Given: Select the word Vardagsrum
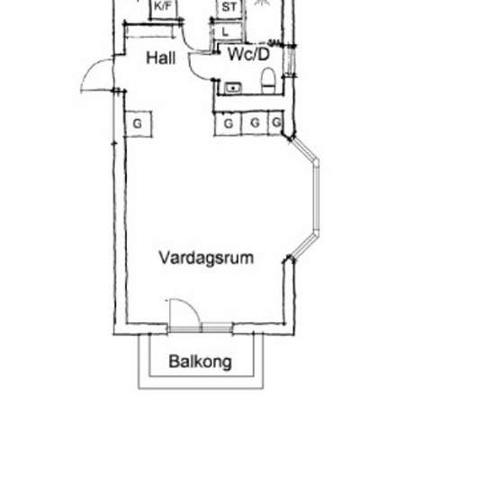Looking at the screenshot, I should (x=206, y=258).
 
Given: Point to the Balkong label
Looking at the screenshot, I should (x=200, y=363).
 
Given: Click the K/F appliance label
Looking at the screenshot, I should (x=163, y=7).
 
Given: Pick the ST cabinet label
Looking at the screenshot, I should (x=229, y=7).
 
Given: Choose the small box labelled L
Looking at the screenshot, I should (x=224, y=31).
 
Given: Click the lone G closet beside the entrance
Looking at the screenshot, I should (x=139, y=122).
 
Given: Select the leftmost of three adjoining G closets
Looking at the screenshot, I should (x=229, y=122).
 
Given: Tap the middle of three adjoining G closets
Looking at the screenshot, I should (x=255, y=122).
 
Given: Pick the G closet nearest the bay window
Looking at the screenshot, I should (x=275, y=122).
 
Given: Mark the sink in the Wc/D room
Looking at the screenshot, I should (x=233, y=87).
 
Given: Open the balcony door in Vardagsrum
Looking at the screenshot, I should (x=181, y=311).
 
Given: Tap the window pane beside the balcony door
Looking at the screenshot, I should (x=216, y=327).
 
